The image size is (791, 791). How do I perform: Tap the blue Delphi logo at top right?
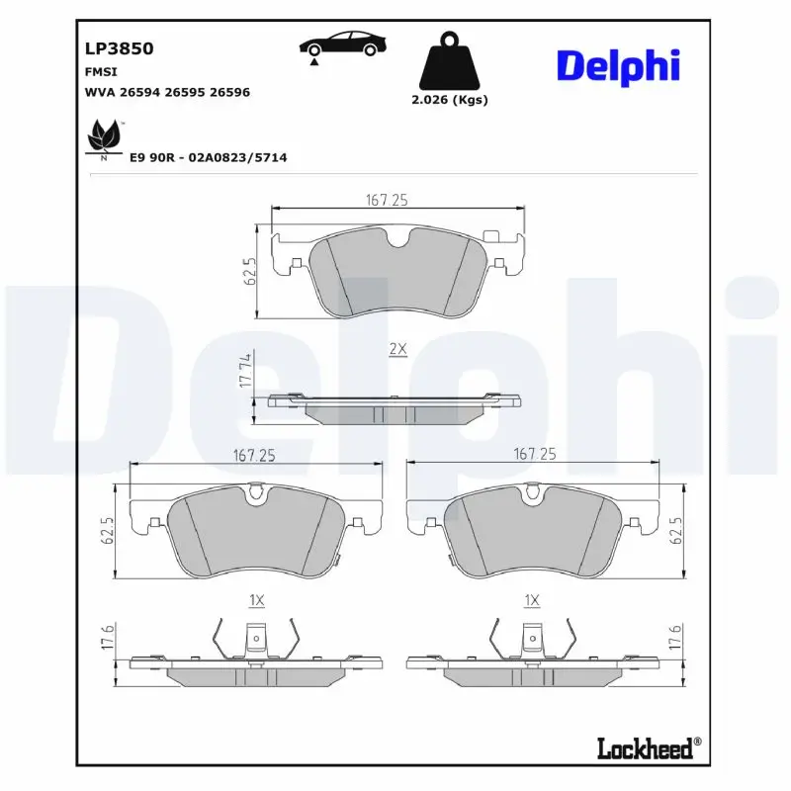tap(618, 65)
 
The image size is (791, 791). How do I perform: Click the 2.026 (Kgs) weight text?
tap(450, 100)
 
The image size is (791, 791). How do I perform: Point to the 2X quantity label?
tap(397, 350)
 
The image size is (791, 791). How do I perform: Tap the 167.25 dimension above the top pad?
tap(387, 200)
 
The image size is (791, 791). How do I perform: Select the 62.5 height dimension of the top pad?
tap(251, 272)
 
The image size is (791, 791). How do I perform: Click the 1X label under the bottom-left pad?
tap(255, 600)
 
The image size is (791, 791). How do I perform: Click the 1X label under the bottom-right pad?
tap(532, 600)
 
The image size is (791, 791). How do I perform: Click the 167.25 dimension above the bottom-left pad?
tap(253, 456)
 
